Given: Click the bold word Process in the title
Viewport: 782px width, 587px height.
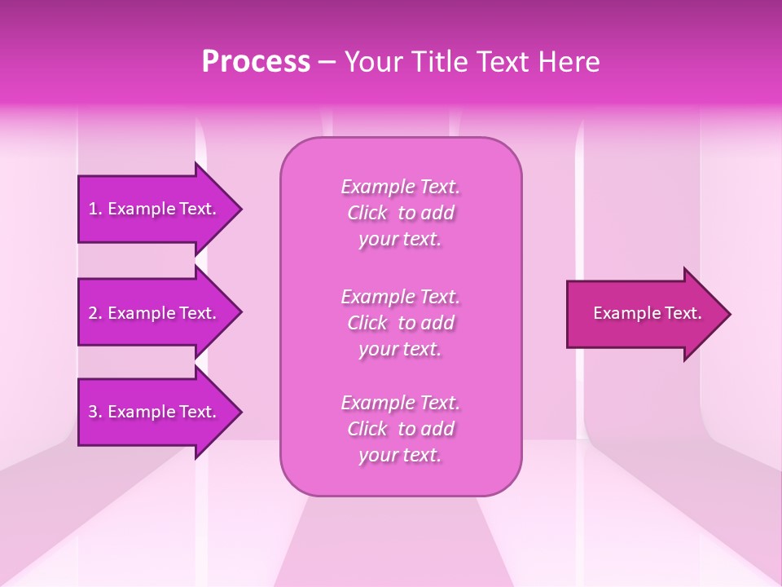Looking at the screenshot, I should [x=256, y=62].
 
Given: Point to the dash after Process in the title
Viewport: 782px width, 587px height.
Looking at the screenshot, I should [x=327, y=63].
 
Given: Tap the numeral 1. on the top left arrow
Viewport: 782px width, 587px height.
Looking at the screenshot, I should [x=95, y=209].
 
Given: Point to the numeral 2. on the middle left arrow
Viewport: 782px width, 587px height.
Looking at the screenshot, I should [x=95, y=313].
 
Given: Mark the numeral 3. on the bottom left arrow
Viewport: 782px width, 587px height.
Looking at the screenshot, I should [x=95, y=412].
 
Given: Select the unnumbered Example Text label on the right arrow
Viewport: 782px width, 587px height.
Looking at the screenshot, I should [x=647, y=313].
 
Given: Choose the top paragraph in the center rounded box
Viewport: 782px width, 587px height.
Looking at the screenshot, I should [x=400, y=213].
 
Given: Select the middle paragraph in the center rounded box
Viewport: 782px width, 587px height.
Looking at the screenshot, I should [x=400, y=323].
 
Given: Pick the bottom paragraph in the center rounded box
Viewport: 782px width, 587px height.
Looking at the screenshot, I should [x=400, y=429].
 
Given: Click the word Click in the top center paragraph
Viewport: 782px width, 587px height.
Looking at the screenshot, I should [x=368, y=213].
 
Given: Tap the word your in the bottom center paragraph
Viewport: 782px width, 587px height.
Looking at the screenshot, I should [x=377, y=456].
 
